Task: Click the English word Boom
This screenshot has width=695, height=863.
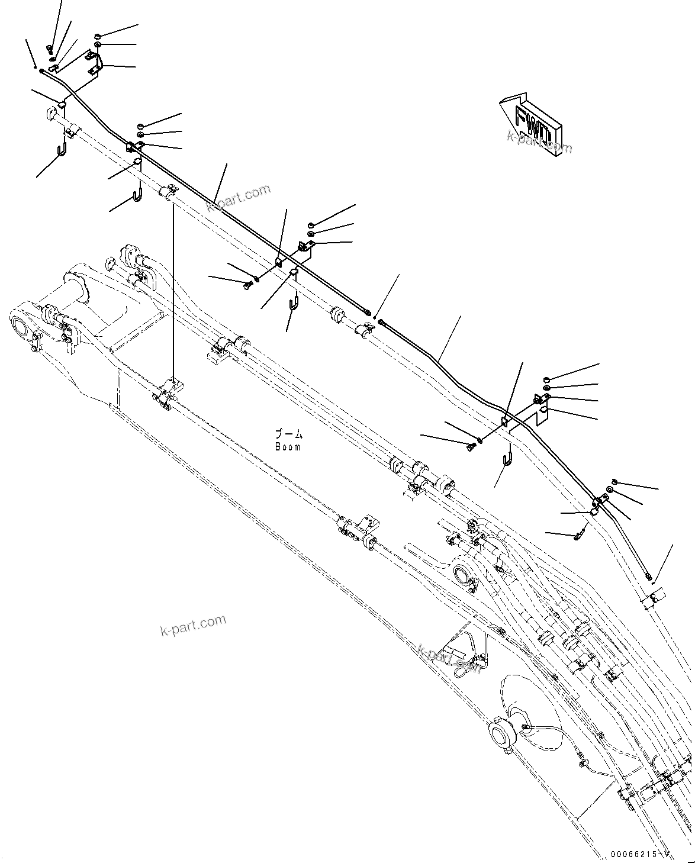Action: pyautogui.click(x=287, y=447)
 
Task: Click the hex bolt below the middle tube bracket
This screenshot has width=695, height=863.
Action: pyautogui.click(x=247, y=286)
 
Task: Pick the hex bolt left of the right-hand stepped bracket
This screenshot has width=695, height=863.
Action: pyautogui.click(x=472, y=446)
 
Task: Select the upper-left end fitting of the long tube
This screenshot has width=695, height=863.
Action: pyautogui.click(x=41, y=70)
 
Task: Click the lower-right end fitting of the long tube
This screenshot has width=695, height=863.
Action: pyautogui.click(x=649, y=576)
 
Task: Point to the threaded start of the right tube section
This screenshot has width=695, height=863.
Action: pyautogui.click(x=382, y=323)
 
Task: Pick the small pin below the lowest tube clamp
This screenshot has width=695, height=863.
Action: pyautogui.click(x=579, y=536)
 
